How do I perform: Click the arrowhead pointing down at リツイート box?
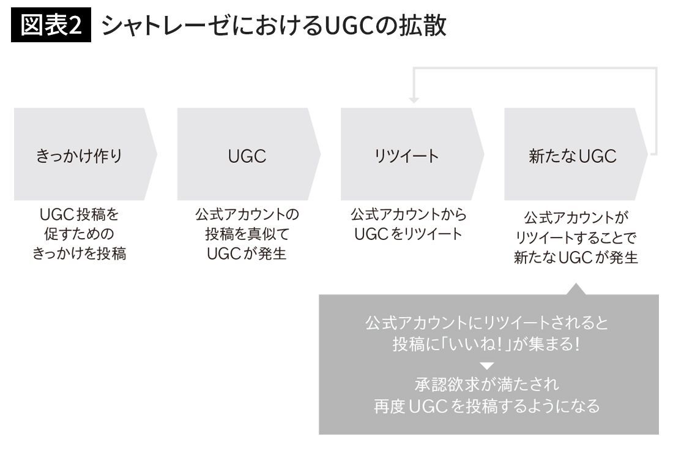(x=414, y=99)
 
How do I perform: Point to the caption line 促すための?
(x=79, y=234)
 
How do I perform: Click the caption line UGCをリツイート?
(x=408, y=234)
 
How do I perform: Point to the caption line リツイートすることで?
(x=576, y=238)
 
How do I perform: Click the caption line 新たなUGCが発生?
(x=576, y=258)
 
